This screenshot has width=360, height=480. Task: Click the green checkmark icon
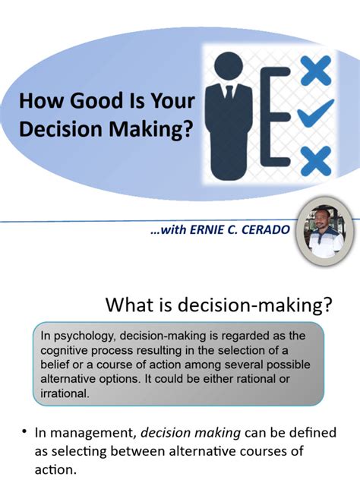[x=314, y=116]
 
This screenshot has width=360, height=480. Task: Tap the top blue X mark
[x=314, y=73]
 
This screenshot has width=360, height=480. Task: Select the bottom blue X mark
[x=314, y=161]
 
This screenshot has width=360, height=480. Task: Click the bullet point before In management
[x=24, y=432]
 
